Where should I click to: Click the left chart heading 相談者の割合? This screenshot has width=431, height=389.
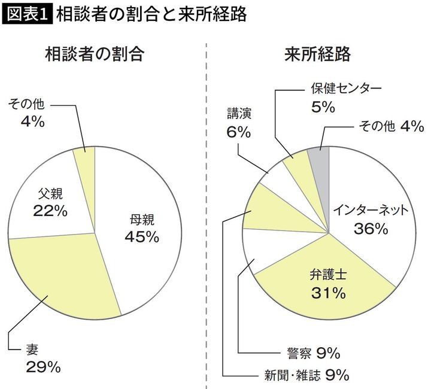click(96, 55)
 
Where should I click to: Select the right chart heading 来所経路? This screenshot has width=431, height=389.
click(317, 55)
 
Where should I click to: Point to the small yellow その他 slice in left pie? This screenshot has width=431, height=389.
click(84, 159)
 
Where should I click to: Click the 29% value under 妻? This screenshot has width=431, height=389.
click(43, 367)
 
